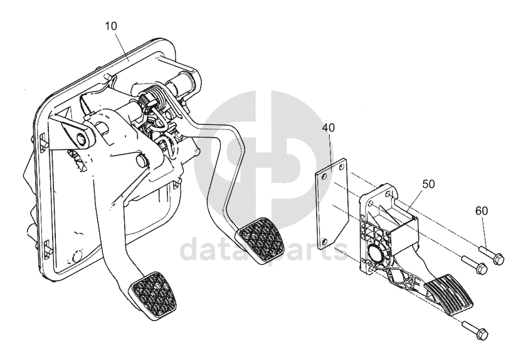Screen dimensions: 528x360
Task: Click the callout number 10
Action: [111, 26]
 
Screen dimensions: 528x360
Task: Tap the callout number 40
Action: [329, 128]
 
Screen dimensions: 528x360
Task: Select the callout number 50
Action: [428, 184]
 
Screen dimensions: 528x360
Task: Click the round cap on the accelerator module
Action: [378, 255]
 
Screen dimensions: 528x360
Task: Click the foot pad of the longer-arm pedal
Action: [154, 295]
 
